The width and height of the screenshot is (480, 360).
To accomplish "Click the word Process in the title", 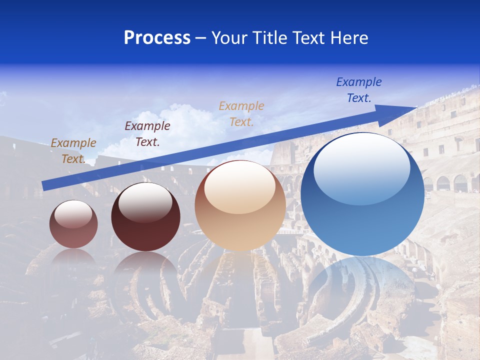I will [157, 38].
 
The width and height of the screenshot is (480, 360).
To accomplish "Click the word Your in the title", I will [229, 38].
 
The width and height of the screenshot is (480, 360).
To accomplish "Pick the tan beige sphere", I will [240, 220].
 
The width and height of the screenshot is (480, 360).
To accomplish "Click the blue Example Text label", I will [359, 90].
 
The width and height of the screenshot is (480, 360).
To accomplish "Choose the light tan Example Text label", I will [241, 113].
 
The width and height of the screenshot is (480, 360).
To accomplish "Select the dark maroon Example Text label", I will [147, 134].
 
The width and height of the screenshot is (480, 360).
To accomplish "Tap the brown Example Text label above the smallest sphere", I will [73, 151].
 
